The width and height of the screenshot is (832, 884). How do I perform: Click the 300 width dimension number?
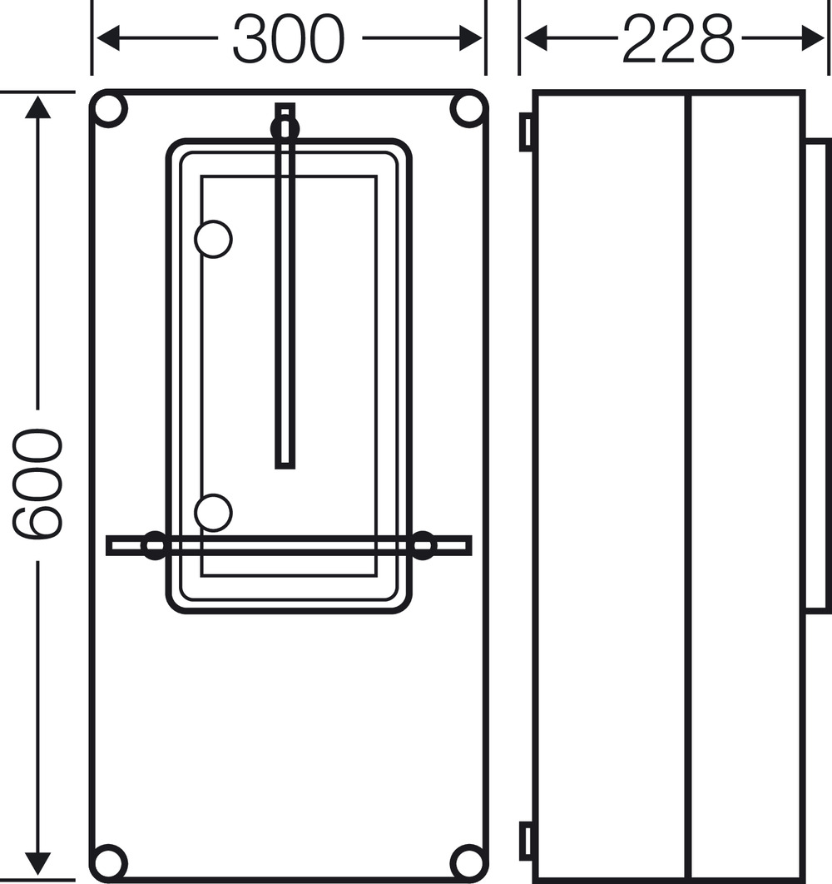[288, 39]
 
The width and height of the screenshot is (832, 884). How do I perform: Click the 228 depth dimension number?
[679, 39]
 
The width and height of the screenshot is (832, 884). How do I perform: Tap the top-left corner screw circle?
[109, 109]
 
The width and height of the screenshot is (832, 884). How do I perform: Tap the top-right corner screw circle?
[468, 109]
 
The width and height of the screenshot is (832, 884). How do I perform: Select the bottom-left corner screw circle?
[109, 862]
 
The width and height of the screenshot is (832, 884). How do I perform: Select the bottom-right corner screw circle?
[468, 862]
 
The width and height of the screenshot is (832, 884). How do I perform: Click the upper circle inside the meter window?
[213, 239]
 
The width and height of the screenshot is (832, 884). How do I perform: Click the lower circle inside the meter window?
[213, 513]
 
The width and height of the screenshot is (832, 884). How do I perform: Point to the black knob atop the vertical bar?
[285, 128]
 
